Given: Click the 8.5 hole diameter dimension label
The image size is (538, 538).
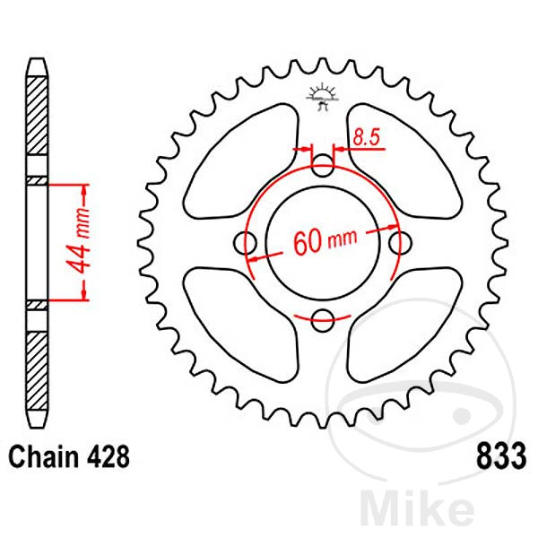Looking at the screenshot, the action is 367,137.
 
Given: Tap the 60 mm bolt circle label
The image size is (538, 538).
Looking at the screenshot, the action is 325,241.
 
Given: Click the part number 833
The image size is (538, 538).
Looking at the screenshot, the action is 501,456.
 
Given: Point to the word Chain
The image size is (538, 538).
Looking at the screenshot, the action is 43,456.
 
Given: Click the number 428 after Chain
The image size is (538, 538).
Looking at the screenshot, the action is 108,456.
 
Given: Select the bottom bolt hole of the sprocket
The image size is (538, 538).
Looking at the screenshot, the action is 323,320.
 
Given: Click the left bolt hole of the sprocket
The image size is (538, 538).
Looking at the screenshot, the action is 245,243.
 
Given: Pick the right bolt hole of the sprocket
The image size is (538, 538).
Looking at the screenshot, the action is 400,243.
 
